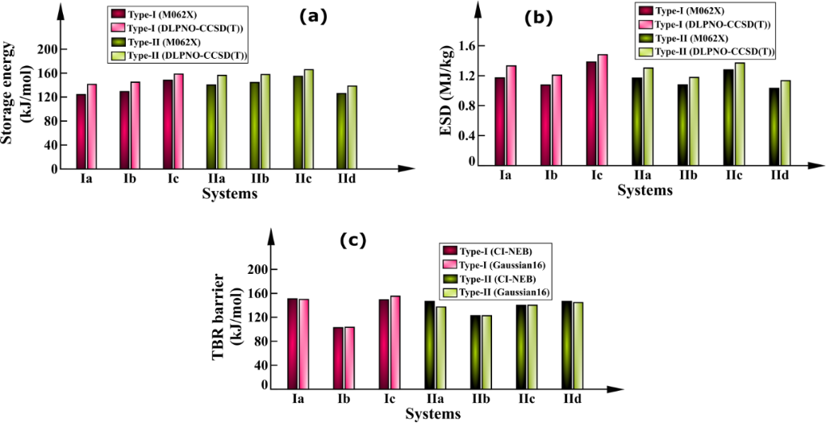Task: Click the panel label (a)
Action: (311, 16)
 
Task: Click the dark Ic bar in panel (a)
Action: (167, 124)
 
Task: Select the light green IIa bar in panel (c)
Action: (441, 348)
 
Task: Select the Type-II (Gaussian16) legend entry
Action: (498, 292)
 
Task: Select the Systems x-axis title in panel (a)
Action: (230, 194)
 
